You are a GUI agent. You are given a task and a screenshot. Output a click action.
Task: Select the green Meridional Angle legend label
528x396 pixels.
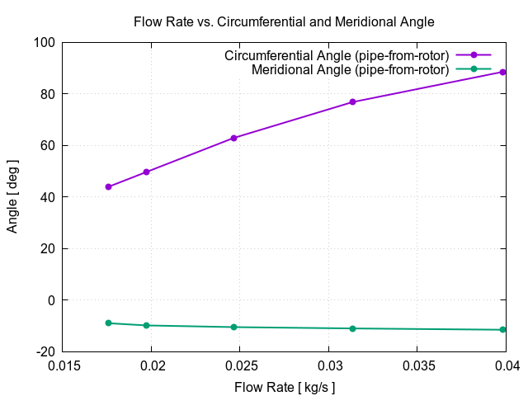[350, 69]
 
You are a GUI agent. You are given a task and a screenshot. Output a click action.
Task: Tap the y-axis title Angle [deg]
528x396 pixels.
[12, 196]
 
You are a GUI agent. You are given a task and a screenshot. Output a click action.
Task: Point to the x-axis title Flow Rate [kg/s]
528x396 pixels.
[285, 386]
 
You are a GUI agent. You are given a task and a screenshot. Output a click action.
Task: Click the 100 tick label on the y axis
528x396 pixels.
[45, 42]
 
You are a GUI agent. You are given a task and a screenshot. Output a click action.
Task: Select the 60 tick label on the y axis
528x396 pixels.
[48, 145]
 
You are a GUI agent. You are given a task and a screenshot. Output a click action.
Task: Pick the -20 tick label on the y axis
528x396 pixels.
[45, 351]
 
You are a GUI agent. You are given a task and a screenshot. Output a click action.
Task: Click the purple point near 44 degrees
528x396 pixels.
[108, 186]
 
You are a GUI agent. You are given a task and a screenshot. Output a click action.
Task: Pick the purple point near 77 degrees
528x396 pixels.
[352, 102]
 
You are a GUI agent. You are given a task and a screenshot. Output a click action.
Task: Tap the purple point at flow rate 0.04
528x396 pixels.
[502, 72]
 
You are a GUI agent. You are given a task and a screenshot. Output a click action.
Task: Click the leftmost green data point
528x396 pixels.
[108, 323]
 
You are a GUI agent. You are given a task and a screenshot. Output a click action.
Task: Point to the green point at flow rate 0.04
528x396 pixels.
[502, 330]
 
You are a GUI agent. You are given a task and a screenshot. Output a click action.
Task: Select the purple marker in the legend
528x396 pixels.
[474, 55]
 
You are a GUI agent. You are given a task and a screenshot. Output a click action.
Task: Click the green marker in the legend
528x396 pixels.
[474, 69]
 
